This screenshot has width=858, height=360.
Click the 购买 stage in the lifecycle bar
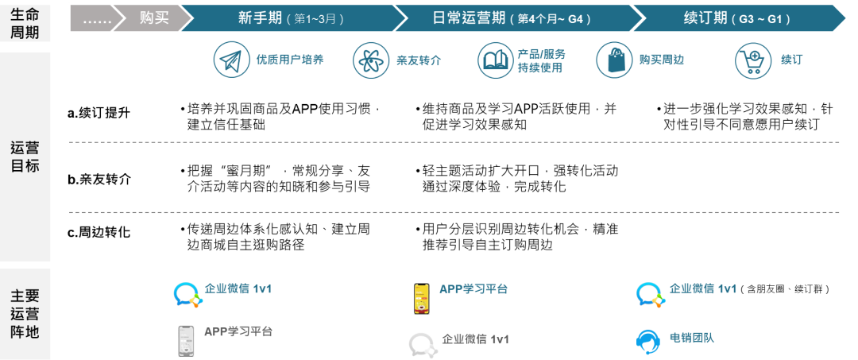pos(154,18)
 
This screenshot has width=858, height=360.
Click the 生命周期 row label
pos(25,22)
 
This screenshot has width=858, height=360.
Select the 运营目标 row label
pos(25,157)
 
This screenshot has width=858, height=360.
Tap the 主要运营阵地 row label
pos(25,314)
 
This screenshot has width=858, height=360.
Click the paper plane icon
pos(231,60)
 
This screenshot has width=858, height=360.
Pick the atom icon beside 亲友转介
pos(371,60)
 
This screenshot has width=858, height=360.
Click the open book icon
pos(496,60)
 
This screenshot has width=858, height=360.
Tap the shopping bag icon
pos(614,60)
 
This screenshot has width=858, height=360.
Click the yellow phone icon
pos(421,298)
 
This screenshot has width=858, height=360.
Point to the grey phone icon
pos(186,340)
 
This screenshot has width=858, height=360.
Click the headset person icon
pos(648,340)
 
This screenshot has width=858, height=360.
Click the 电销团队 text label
pos(691,338)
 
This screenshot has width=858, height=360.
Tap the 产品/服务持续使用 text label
pos(541,60)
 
